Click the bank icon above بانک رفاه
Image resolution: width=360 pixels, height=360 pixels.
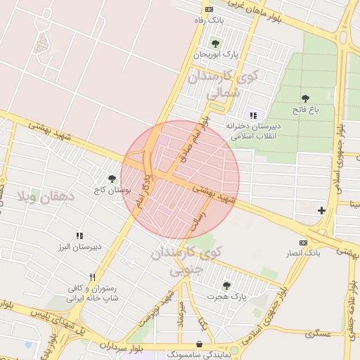[x=209, y=9]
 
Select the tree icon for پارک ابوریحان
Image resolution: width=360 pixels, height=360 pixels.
[x=215, y=44]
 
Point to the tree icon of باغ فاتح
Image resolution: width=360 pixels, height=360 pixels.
[x=305, y=99]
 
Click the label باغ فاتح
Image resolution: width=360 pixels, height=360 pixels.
[x=305, y=110]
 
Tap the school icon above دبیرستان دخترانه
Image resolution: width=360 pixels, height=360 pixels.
[x=252, y=115]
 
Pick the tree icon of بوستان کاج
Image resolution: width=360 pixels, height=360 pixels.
[x=112, y=179]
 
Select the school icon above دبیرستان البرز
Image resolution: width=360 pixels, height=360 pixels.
[x=79, y=236]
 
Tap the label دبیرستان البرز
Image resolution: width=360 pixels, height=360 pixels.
[x=79, y=246]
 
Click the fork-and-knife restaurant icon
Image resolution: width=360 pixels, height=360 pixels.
[x=92, y=277]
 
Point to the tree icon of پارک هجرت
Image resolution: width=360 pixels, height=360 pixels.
[x=226, y=285]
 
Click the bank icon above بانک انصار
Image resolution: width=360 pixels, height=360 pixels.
[x=304, y=242]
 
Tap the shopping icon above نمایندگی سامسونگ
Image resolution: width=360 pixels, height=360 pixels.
[x=201, y=344]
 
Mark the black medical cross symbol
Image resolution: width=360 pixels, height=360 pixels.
[x=321, y=210]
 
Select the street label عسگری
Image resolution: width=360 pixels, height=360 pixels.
[x=317, y=333]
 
